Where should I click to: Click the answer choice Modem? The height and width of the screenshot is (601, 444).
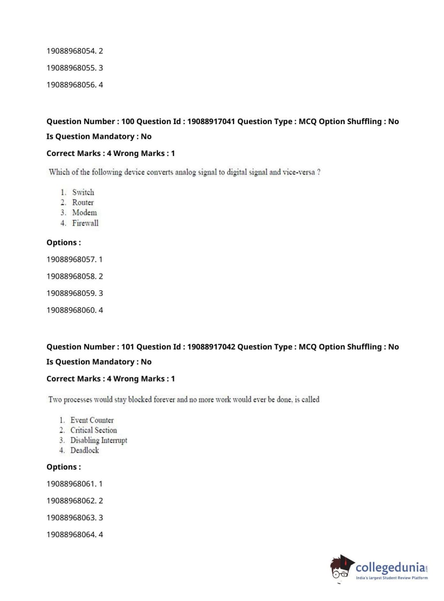pyautogui.click(x=84, y=213)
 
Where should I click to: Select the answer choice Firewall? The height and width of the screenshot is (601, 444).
pyautogui.click(x=85, y=223)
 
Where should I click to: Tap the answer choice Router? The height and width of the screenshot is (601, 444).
pyautogui.click(x=83, y=203)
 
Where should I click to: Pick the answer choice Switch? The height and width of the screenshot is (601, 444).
pyautogui.click(x=83, y=192)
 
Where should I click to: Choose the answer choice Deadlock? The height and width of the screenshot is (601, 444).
pyautogui.click(x=84, y=450)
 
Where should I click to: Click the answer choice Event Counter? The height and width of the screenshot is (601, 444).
pyautogui.click(x=92, y=420)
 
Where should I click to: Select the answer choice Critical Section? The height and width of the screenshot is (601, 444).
pyautogui.click(x=94, y=430)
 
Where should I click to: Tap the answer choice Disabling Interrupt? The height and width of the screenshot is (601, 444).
pyautogui.click(x=98, y=441)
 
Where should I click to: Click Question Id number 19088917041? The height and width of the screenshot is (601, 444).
pyautogui.click(x=211, y=121)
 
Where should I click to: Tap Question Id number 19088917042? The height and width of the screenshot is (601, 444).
pyautogui.click(x=211, y=347)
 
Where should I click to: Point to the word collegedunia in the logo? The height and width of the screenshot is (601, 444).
pyautogui.click(x=390, y=567)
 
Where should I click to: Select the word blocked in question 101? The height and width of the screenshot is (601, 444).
pyautogui.click(x=140, y=400)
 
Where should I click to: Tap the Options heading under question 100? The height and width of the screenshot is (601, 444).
pyautogui.click(x=63, y=243)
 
